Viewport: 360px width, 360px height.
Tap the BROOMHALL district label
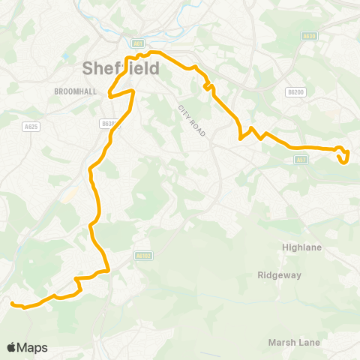click(x=73, y=91)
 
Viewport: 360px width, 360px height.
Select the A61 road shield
click(x=136, y=43)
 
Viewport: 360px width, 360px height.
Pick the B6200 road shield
click(x=296, y=91)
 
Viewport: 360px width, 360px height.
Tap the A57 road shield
click(x=301, y=159)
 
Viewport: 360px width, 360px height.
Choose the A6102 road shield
click(x=144, y=255)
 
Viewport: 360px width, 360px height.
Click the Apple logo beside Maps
click(x=11, y=347)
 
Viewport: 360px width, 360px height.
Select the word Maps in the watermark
click(x=32, y=347)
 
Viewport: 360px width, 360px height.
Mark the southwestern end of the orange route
click(x=12, y=303)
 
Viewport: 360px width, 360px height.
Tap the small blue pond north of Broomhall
click(x=67, y=57)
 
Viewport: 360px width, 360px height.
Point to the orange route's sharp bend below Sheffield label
click(x=111, y=95)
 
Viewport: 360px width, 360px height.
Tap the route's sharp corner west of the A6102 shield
click(x=108, y=269)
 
